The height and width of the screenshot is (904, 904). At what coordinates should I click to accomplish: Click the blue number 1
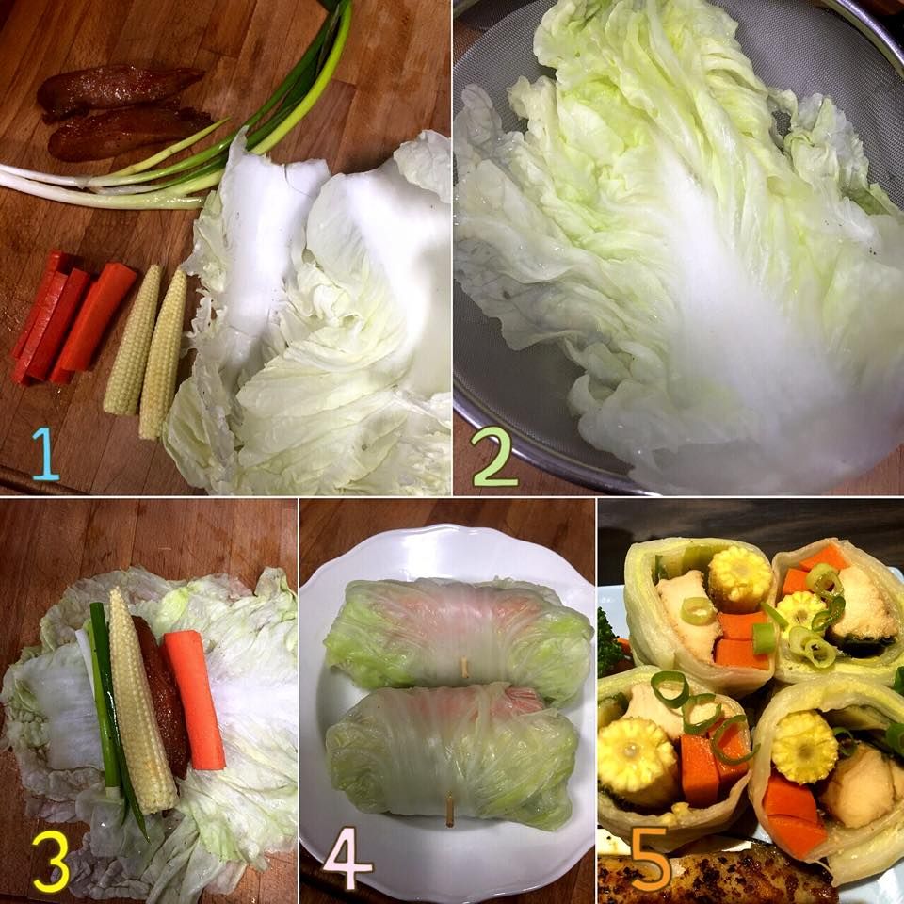(45, 454)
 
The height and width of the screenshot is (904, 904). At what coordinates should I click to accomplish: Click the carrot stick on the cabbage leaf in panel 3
(195, 700)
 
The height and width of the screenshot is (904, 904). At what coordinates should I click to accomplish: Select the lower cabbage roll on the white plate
(453, 755)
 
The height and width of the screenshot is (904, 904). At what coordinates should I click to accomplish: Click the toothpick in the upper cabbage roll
(463, 668)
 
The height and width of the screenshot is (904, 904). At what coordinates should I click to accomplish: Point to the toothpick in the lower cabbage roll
(450, 810)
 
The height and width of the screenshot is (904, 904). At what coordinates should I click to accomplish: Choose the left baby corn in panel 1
(132, 340)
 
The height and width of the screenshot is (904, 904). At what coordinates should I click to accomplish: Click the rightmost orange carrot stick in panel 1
(94, 319)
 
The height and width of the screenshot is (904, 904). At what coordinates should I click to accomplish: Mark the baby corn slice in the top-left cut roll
(739, 579)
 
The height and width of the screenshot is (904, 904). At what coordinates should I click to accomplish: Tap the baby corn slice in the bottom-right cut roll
(805, 747)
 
